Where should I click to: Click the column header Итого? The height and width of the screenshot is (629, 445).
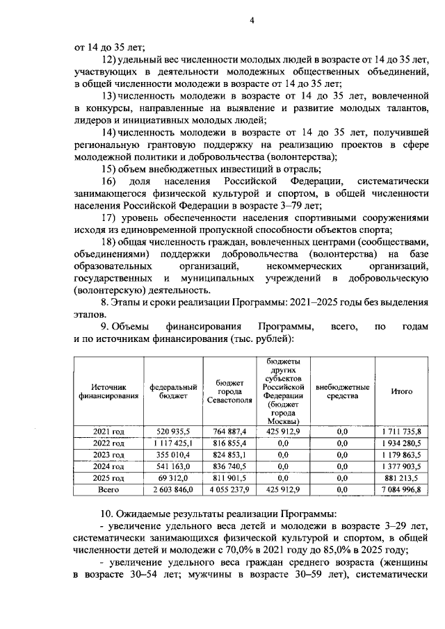click(401, 391)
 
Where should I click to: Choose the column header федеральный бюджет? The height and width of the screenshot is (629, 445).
click(173, 391)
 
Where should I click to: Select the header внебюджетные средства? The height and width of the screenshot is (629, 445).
click(342, 391)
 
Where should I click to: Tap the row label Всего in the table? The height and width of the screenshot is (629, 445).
click(109, 489)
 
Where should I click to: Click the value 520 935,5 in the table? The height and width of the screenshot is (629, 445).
click(173, 431)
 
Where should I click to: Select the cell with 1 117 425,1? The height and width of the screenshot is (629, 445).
click(173, 443)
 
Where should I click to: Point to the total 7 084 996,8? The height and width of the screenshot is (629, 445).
click(401, 489)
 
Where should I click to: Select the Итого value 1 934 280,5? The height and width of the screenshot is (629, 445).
click(401, 443)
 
